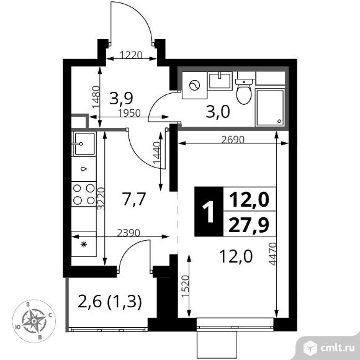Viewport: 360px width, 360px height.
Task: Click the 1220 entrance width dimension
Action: [130, 54]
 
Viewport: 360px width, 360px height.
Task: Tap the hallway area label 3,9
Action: [121, 98]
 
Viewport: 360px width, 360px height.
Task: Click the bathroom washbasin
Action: [220, 80]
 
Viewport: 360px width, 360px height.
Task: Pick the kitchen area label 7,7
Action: [133, 199]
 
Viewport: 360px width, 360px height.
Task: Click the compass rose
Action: [35, 319]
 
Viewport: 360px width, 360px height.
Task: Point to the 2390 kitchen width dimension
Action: [131, 233]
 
